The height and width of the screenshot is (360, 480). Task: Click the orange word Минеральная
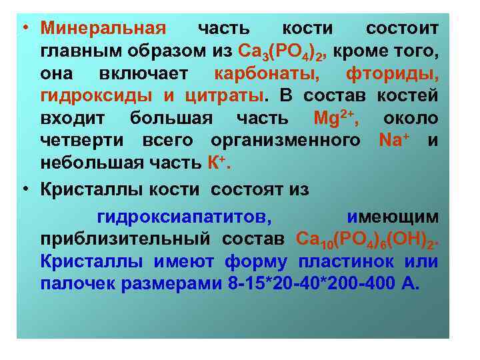click(103, 29)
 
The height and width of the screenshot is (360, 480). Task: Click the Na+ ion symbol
click(395, 141)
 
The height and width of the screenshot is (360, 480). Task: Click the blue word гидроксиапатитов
click(184, 217)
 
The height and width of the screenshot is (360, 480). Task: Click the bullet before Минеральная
click(24, 29)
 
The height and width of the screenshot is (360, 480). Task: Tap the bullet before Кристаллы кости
click(24, 189)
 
